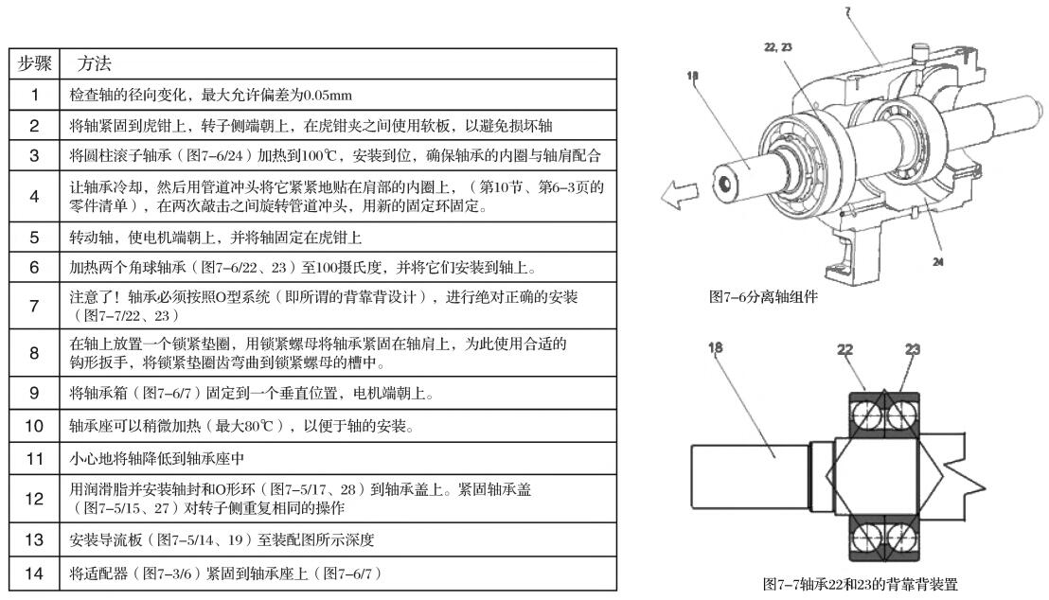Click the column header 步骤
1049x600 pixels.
tap(35, 64)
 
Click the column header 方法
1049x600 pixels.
tap(94, 64)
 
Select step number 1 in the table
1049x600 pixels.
tap(35, 95)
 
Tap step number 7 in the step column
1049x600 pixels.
tap(35, 306)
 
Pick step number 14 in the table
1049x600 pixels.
tap(34, 574)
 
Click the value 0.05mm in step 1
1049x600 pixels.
tap(328, 96)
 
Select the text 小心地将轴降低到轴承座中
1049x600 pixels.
tap(156, 459)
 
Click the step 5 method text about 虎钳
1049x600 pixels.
tap(216, 238)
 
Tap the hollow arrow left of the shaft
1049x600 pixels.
tap(679, 194)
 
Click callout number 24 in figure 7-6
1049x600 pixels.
tap(938, 262)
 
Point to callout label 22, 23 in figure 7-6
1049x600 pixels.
tap(777, 46)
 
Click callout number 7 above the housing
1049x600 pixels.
tap(847, 11)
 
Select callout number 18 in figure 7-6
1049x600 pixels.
tap(692, 76)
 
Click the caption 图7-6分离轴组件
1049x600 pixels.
tap(763, 297)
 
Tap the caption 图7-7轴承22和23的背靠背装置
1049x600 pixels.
tap(861, 584)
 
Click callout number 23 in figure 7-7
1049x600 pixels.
tap(913, 349)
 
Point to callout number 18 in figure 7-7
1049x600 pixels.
tap(715, 348)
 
